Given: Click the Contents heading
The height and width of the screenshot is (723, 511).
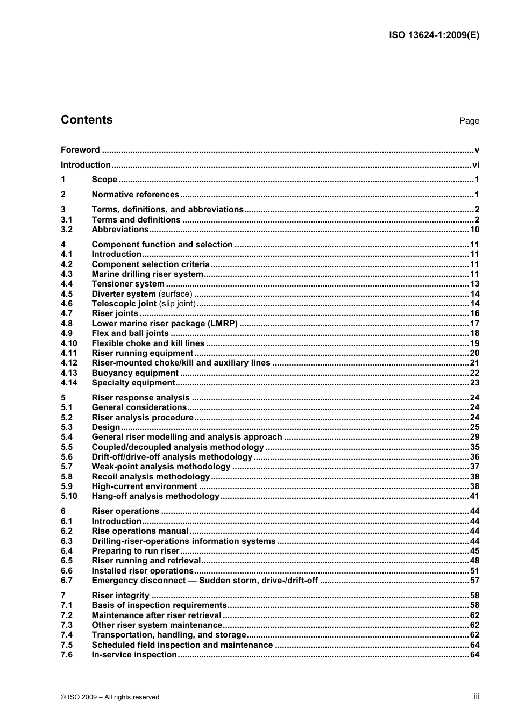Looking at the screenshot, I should pos(87,120).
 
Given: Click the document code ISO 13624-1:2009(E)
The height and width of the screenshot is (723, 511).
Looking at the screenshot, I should pos(434,35).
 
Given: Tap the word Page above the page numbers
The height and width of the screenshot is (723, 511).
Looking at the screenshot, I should pos(469,121).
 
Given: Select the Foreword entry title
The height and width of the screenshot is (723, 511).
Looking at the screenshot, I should pos(80,150).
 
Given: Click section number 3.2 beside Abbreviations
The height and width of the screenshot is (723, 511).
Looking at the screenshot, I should pos(67,230).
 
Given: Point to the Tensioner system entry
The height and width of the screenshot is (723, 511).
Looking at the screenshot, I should pos(128,284).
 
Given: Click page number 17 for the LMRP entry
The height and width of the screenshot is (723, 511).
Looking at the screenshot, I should pos(474,324).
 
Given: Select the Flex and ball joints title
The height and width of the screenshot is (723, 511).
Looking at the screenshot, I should pos(130,333).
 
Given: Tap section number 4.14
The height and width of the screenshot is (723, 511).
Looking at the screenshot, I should pos(69,383).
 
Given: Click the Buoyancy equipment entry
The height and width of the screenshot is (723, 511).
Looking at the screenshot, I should pos(135,373).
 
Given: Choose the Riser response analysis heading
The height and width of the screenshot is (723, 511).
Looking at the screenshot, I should pos(140,398).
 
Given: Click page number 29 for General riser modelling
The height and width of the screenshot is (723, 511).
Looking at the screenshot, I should pos(474,437).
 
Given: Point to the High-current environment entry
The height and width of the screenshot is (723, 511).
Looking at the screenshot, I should pos(144,486).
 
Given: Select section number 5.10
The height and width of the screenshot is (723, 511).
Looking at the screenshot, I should pos(69,496).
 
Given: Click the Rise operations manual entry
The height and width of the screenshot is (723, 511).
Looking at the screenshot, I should pos(140,531).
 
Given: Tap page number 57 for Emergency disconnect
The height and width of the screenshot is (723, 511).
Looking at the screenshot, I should pos(474,581).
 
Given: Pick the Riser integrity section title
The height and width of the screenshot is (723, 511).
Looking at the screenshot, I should pos(120,596).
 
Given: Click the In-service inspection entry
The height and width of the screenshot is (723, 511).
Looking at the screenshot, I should pos(134,655).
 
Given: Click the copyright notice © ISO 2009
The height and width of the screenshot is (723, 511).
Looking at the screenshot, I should pos(110,697).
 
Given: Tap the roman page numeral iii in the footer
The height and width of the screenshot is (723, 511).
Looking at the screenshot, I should pos(477,697).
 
